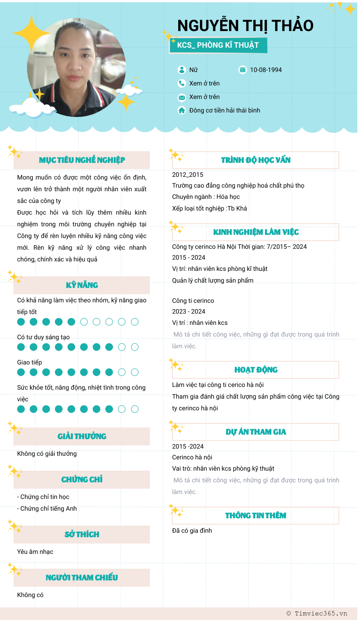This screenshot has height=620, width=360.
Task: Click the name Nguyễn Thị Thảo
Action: pyautogui.click(x=245, y=26)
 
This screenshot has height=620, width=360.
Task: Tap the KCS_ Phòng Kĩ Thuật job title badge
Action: pyautogui.click(x=218, y=45)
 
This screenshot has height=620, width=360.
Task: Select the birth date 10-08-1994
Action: pyautogui.click(x=266, y=70)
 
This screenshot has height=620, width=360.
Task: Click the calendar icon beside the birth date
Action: pyautogui.click(x=243, y=70)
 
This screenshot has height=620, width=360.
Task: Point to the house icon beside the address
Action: pyautogui.click(x=182, y=110)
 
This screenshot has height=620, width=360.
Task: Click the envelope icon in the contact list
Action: pyautogui.click(x=182, y=97)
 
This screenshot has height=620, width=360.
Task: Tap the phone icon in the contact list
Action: pyautogui.click(x=182, y=83)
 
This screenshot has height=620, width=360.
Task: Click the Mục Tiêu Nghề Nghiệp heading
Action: pyautogui.click(x=82, y=160)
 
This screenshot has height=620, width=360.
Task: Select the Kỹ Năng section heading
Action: pyautogui.click(x=82, y=285)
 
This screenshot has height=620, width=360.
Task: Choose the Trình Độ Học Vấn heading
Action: pyautogui.click(x=256, y=160)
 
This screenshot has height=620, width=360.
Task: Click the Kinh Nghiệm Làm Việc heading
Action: pyautogui.click(x=256, y=232)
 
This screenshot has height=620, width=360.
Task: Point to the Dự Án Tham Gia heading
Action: pyautogui.click(x=256, y=432)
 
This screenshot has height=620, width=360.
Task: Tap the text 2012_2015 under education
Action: pyautogui.click(x=188, y=175)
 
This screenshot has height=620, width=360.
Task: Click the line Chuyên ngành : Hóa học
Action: pyautogui.click(x=206, y=197)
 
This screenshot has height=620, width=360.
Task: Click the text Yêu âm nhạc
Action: pyautogui.click(x=35, y=552)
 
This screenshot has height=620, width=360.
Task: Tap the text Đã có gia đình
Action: pyautogui.click(x=192, y=530)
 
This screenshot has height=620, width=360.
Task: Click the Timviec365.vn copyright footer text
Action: pyautogui.click(x=317, y=613)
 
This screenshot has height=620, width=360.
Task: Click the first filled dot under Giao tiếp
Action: pyautogui.click(x=21, y=372)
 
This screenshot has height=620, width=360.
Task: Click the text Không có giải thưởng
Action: pyautogui.click(x=47, y=454)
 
